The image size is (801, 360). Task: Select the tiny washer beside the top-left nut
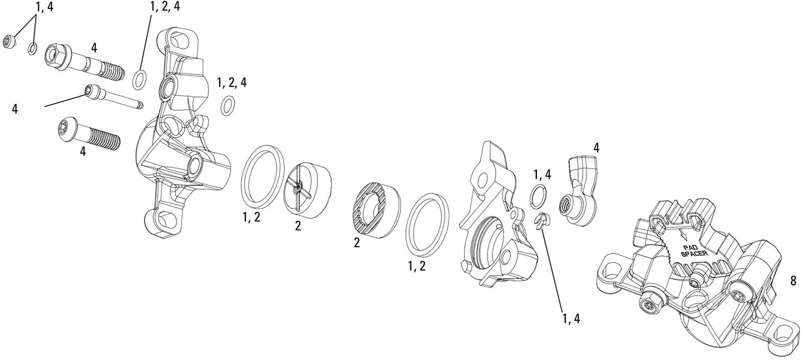click(x=32, y=48)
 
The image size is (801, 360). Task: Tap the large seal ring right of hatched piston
click(x=428, y=224)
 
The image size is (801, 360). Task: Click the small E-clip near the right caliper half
click(x=541, y=220)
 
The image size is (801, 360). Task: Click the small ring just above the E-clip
click(x=538, y=196)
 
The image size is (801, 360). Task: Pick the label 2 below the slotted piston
click(x=298, y=226)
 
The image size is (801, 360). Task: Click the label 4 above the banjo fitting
click(x=596, y=148)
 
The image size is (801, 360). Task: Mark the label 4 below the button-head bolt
click(x=83, y=152)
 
